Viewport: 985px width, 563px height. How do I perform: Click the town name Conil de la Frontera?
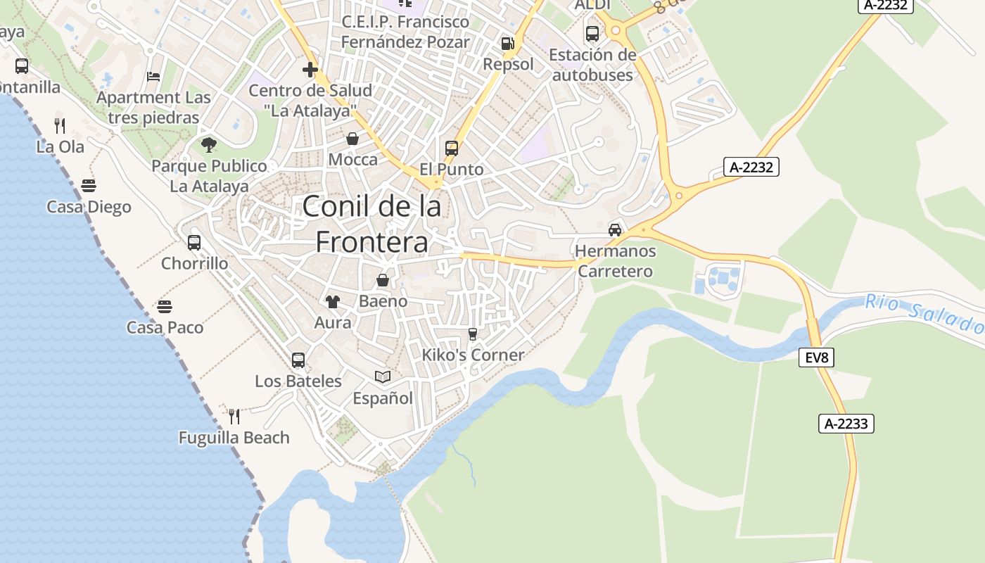(x=372, y=224)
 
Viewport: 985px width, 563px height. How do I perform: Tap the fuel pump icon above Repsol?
(x=507, y=44)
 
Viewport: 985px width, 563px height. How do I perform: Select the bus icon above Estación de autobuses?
(x=592, y=33)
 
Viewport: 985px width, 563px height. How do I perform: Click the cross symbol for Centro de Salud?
(x=310, y=70)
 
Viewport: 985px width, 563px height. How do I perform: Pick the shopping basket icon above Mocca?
(x=352, y=139)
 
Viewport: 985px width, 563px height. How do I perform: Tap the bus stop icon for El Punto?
(x=452, y=148)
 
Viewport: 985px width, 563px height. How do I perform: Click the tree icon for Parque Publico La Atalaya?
(x=209, y=145)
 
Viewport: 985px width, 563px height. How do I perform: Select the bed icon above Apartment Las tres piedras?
(x=153, y=77)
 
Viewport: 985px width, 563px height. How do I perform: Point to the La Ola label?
(x=61, y=147)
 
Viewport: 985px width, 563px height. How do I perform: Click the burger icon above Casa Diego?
(x=89, y=186)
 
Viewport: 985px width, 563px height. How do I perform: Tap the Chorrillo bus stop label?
(x=195, y=263)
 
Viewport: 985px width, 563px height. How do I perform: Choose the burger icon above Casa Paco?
(x=165, y=307)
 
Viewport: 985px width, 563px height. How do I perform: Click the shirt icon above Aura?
(x=333, y=302)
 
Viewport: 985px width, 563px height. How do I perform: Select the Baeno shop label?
(x=383, y=301)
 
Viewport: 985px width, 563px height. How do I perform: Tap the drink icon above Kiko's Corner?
(x=473, y=334)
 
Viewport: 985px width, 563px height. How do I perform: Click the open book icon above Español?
(x=383, y=377)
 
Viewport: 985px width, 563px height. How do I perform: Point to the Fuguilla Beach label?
(x=234, y=438)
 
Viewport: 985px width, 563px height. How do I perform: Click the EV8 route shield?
(x=817, y=358)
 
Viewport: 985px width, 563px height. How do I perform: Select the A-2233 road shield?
(x=846, y=424)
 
